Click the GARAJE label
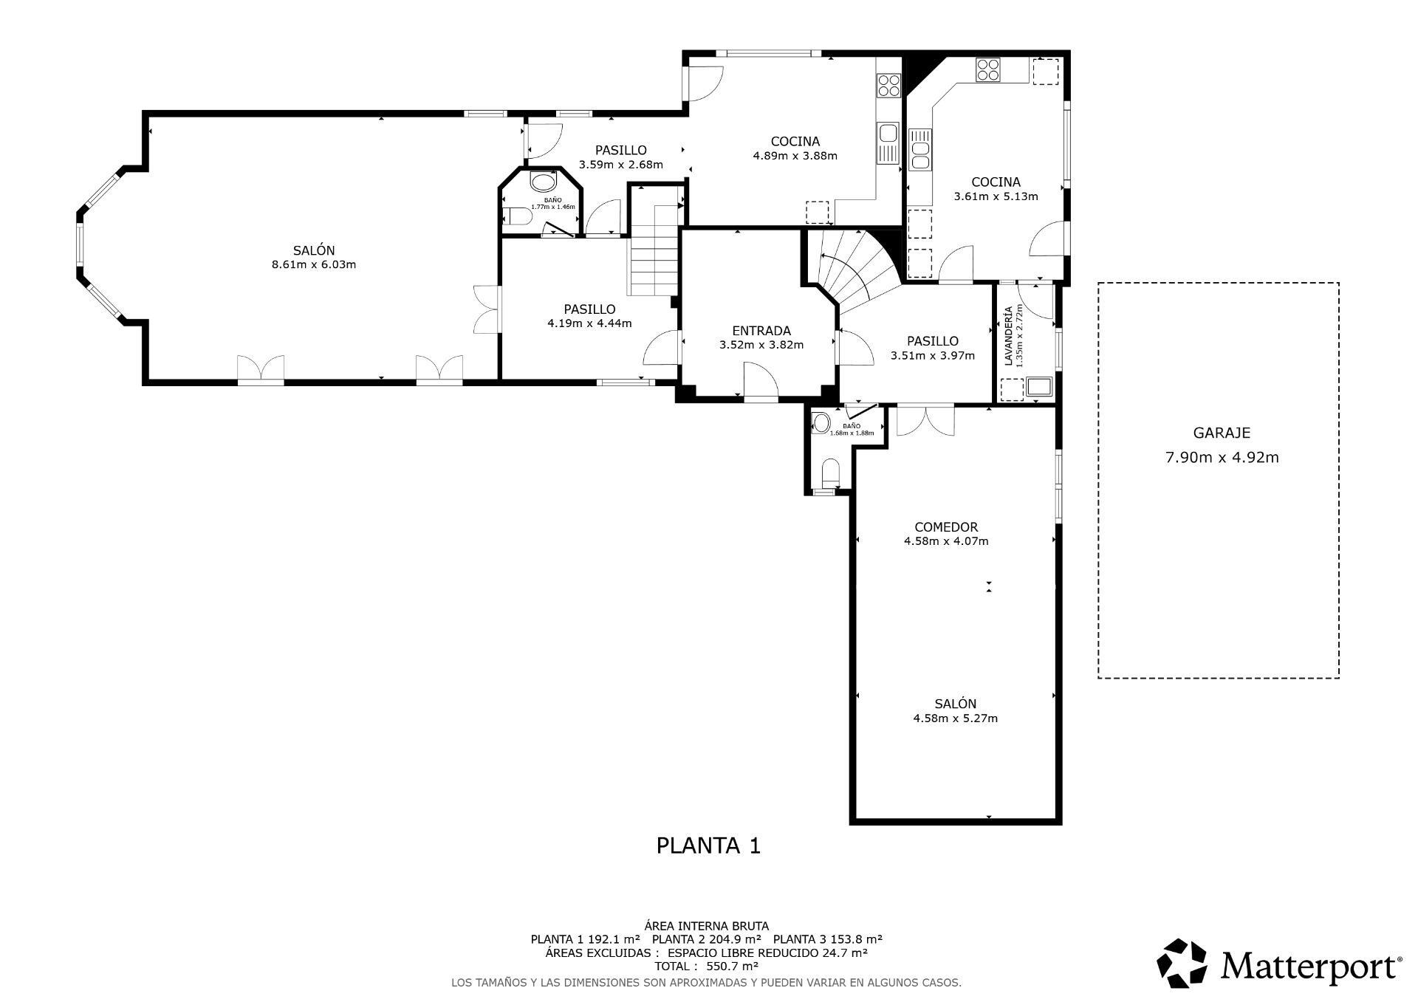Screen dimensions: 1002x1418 1222,433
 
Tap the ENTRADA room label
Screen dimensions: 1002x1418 761,331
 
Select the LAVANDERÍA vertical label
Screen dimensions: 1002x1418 1008,337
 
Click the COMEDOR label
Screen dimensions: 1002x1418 945,527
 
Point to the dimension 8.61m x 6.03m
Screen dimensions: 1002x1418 314,264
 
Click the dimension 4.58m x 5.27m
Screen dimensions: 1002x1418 955,718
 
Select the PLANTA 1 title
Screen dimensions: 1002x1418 708,845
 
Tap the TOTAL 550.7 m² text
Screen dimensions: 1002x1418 706,966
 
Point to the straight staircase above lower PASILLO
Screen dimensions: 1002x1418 654,251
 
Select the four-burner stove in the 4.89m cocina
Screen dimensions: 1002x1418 888,86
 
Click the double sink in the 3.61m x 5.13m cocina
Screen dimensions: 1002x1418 920,155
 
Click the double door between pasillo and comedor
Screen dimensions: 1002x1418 925,419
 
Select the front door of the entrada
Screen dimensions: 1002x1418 761,384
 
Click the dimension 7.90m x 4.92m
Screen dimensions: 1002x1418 1222,458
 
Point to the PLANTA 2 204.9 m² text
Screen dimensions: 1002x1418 706,939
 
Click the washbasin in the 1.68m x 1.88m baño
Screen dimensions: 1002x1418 821,423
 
